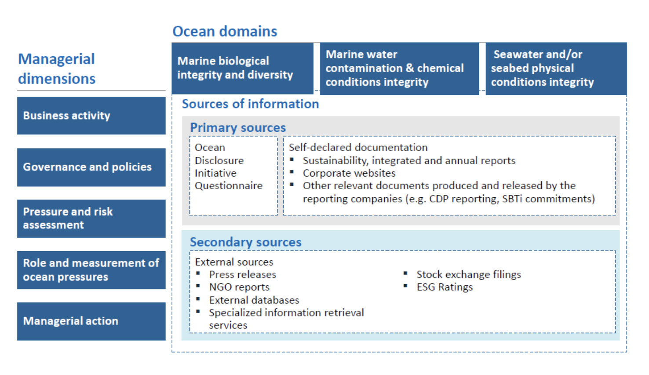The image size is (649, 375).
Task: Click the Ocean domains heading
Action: click(x=225, y=32)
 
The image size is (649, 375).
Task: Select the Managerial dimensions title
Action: click(x=57, y=69)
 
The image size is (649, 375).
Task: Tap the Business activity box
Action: click(x=91, y=116)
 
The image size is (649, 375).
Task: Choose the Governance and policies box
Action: click(x=91, y=167)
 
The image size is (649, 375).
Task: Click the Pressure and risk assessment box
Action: click(x=91, y=219)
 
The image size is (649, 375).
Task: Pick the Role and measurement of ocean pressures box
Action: click(x=91, y=270)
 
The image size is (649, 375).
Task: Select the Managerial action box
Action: click(x=91, y=321)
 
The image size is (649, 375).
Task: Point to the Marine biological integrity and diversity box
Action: click(x=242, y=68)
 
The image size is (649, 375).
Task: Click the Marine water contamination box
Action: click(x=399, y=69)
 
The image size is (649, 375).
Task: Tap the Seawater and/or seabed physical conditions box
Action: click(x=556, y=69)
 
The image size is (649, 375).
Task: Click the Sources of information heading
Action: click(x=250, y=104)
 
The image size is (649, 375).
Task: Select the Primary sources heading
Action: click(x=238, y=128)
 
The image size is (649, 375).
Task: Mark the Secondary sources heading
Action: click(x=245, y=242)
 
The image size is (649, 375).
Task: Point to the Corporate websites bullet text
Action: click(x=349, y=173)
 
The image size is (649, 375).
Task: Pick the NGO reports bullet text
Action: click(x=239, y=287)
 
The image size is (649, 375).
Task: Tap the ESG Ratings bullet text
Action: click(x=445, y=287)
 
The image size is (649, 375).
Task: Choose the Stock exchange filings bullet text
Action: click(x=469, y=275)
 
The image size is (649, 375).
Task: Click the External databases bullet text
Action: click(x=254, y=300)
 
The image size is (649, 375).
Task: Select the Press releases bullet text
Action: click(x=243, y=275)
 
